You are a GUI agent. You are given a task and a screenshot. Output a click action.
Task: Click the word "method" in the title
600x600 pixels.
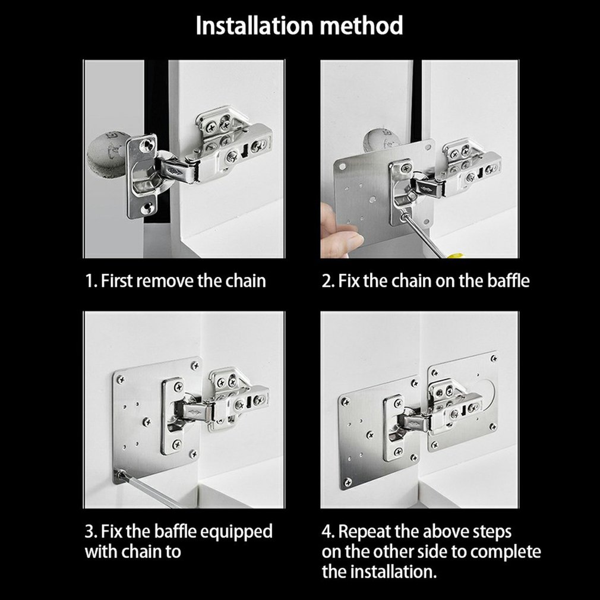click(x=365, y=26)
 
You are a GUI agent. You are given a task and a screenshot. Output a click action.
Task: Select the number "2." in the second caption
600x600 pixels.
click(x=329, y=280)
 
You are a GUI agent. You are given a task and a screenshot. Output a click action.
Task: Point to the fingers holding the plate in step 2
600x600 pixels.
click(x=339, y=232)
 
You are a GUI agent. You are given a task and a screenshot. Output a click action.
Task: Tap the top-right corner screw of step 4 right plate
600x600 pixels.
click(x=493, y=358)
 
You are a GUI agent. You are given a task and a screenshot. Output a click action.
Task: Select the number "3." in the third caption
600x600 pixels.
click(x=91, y=530)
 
